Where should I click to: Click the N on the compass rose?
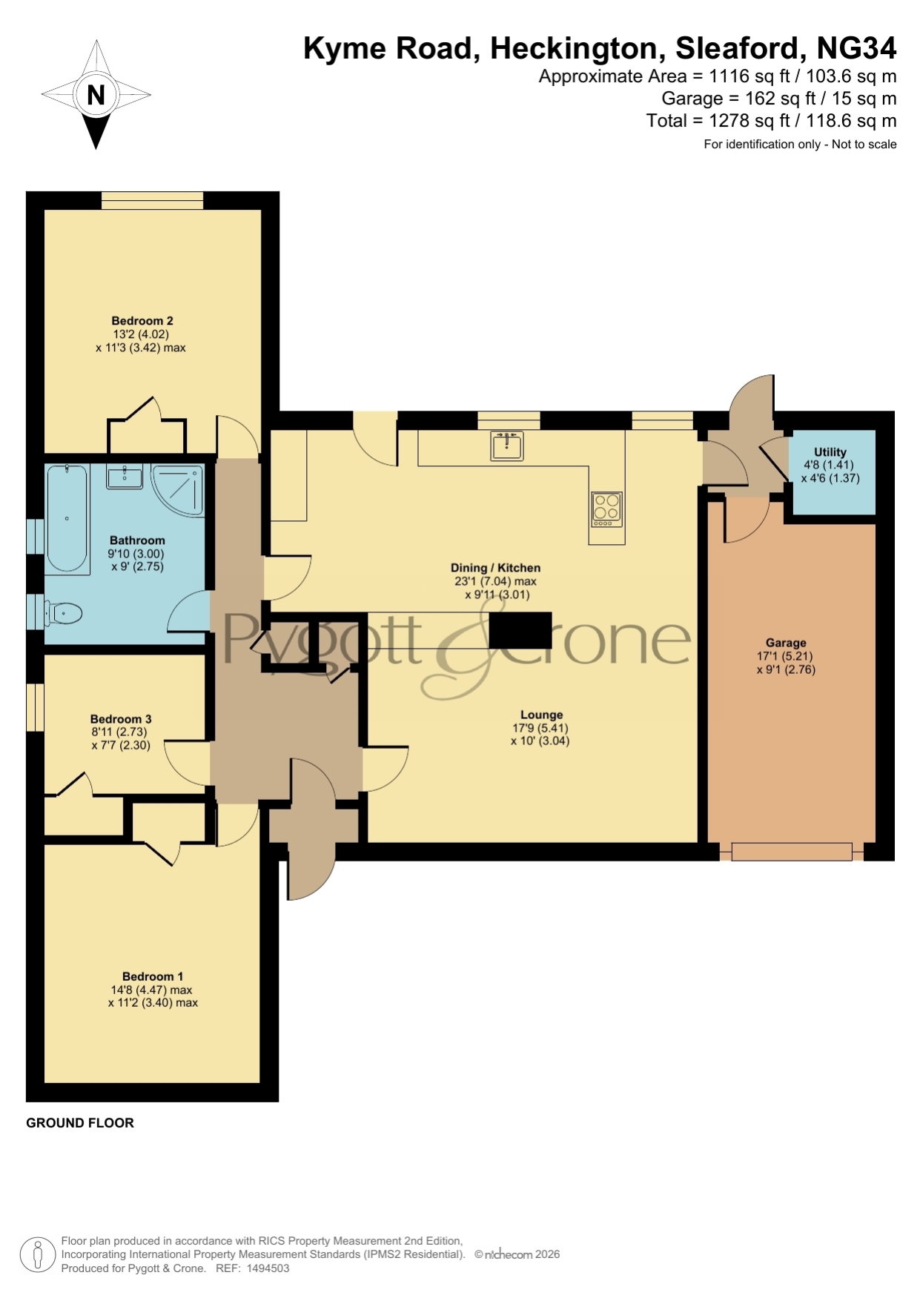(96, 95)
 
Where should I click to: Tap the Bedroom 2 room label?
(142, 321)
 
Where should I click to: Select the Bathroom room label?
(137, 540)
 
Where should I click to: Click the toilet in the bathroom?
(63, 613)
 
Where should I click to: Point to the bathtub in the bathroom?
(67, 518)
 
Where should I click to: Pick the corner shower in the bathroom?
(177, 489)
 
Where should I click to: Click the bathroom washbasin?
(125, 477)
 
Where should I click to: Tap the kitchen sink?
(507, 446)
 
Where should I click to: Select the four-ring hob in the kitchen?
(606, 509)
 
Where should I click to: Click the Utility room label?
(830, 451)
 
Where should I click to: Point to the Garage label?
(786, 643)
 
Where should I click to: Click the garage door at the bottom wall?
(792, 851)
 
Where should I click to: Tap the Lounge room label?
(541, 715)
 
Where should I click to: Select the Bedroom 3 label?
(121, 719)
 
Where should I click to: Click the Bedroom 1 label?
(153, 977)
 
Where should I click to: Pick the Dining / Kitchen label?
(495, 568)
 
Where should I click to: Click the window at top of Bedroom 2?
(152, 200)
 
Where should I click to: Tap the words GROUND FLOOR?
(80, 1122)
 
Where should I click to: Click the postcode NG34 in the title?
(856, 48)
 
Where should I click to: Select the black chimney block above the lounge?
(520, 630)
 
